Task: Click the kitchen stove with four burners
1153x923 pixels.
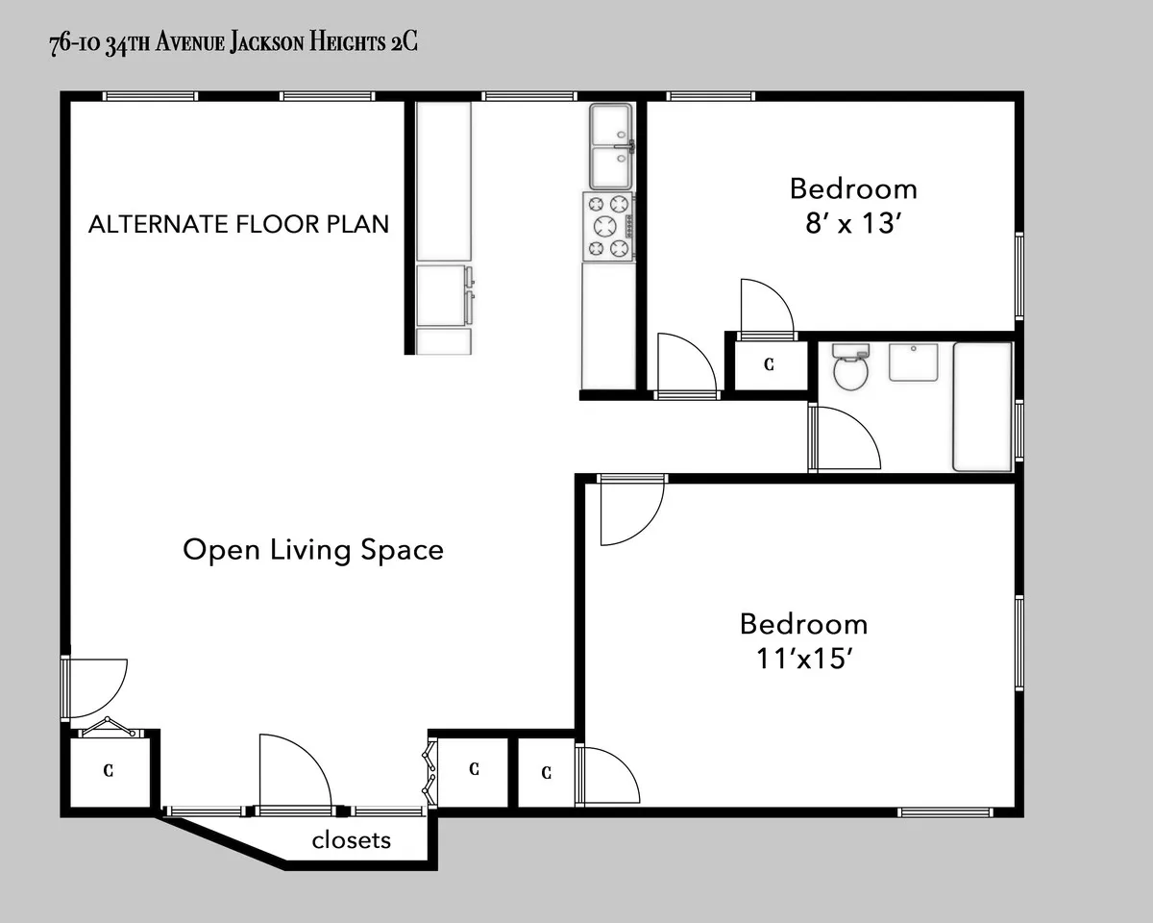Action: pyautogui.click(x=608, y=226)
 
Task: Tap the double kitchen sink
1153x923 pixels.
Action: pyautogui.click(x=611, y=146)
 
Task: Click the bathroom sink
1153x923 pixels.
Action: pyautogui.click(x=912, y=362)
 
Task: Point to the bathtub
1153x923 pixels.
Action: pyautogui.click(x=982, y=406)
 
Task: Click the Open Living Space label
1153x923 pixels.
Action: pyautogui.click(x=313, y=550)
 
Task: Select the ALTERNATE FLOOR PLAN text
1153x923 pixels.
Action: pyautogui.click(x=238, y=224)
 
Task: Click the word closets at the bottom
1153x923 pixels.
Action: pyautogui.click(x=352, y=839)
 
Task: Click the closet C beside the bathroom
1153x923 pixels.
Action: pyautogui.click(x=769, y=364)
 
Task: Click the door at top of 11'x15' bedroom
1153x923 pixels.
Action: pyautogui.click(x=628, y=510)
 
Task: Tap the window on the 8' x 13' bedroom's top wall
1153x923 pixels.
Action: pyautogui.click(x=710, y=96)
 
